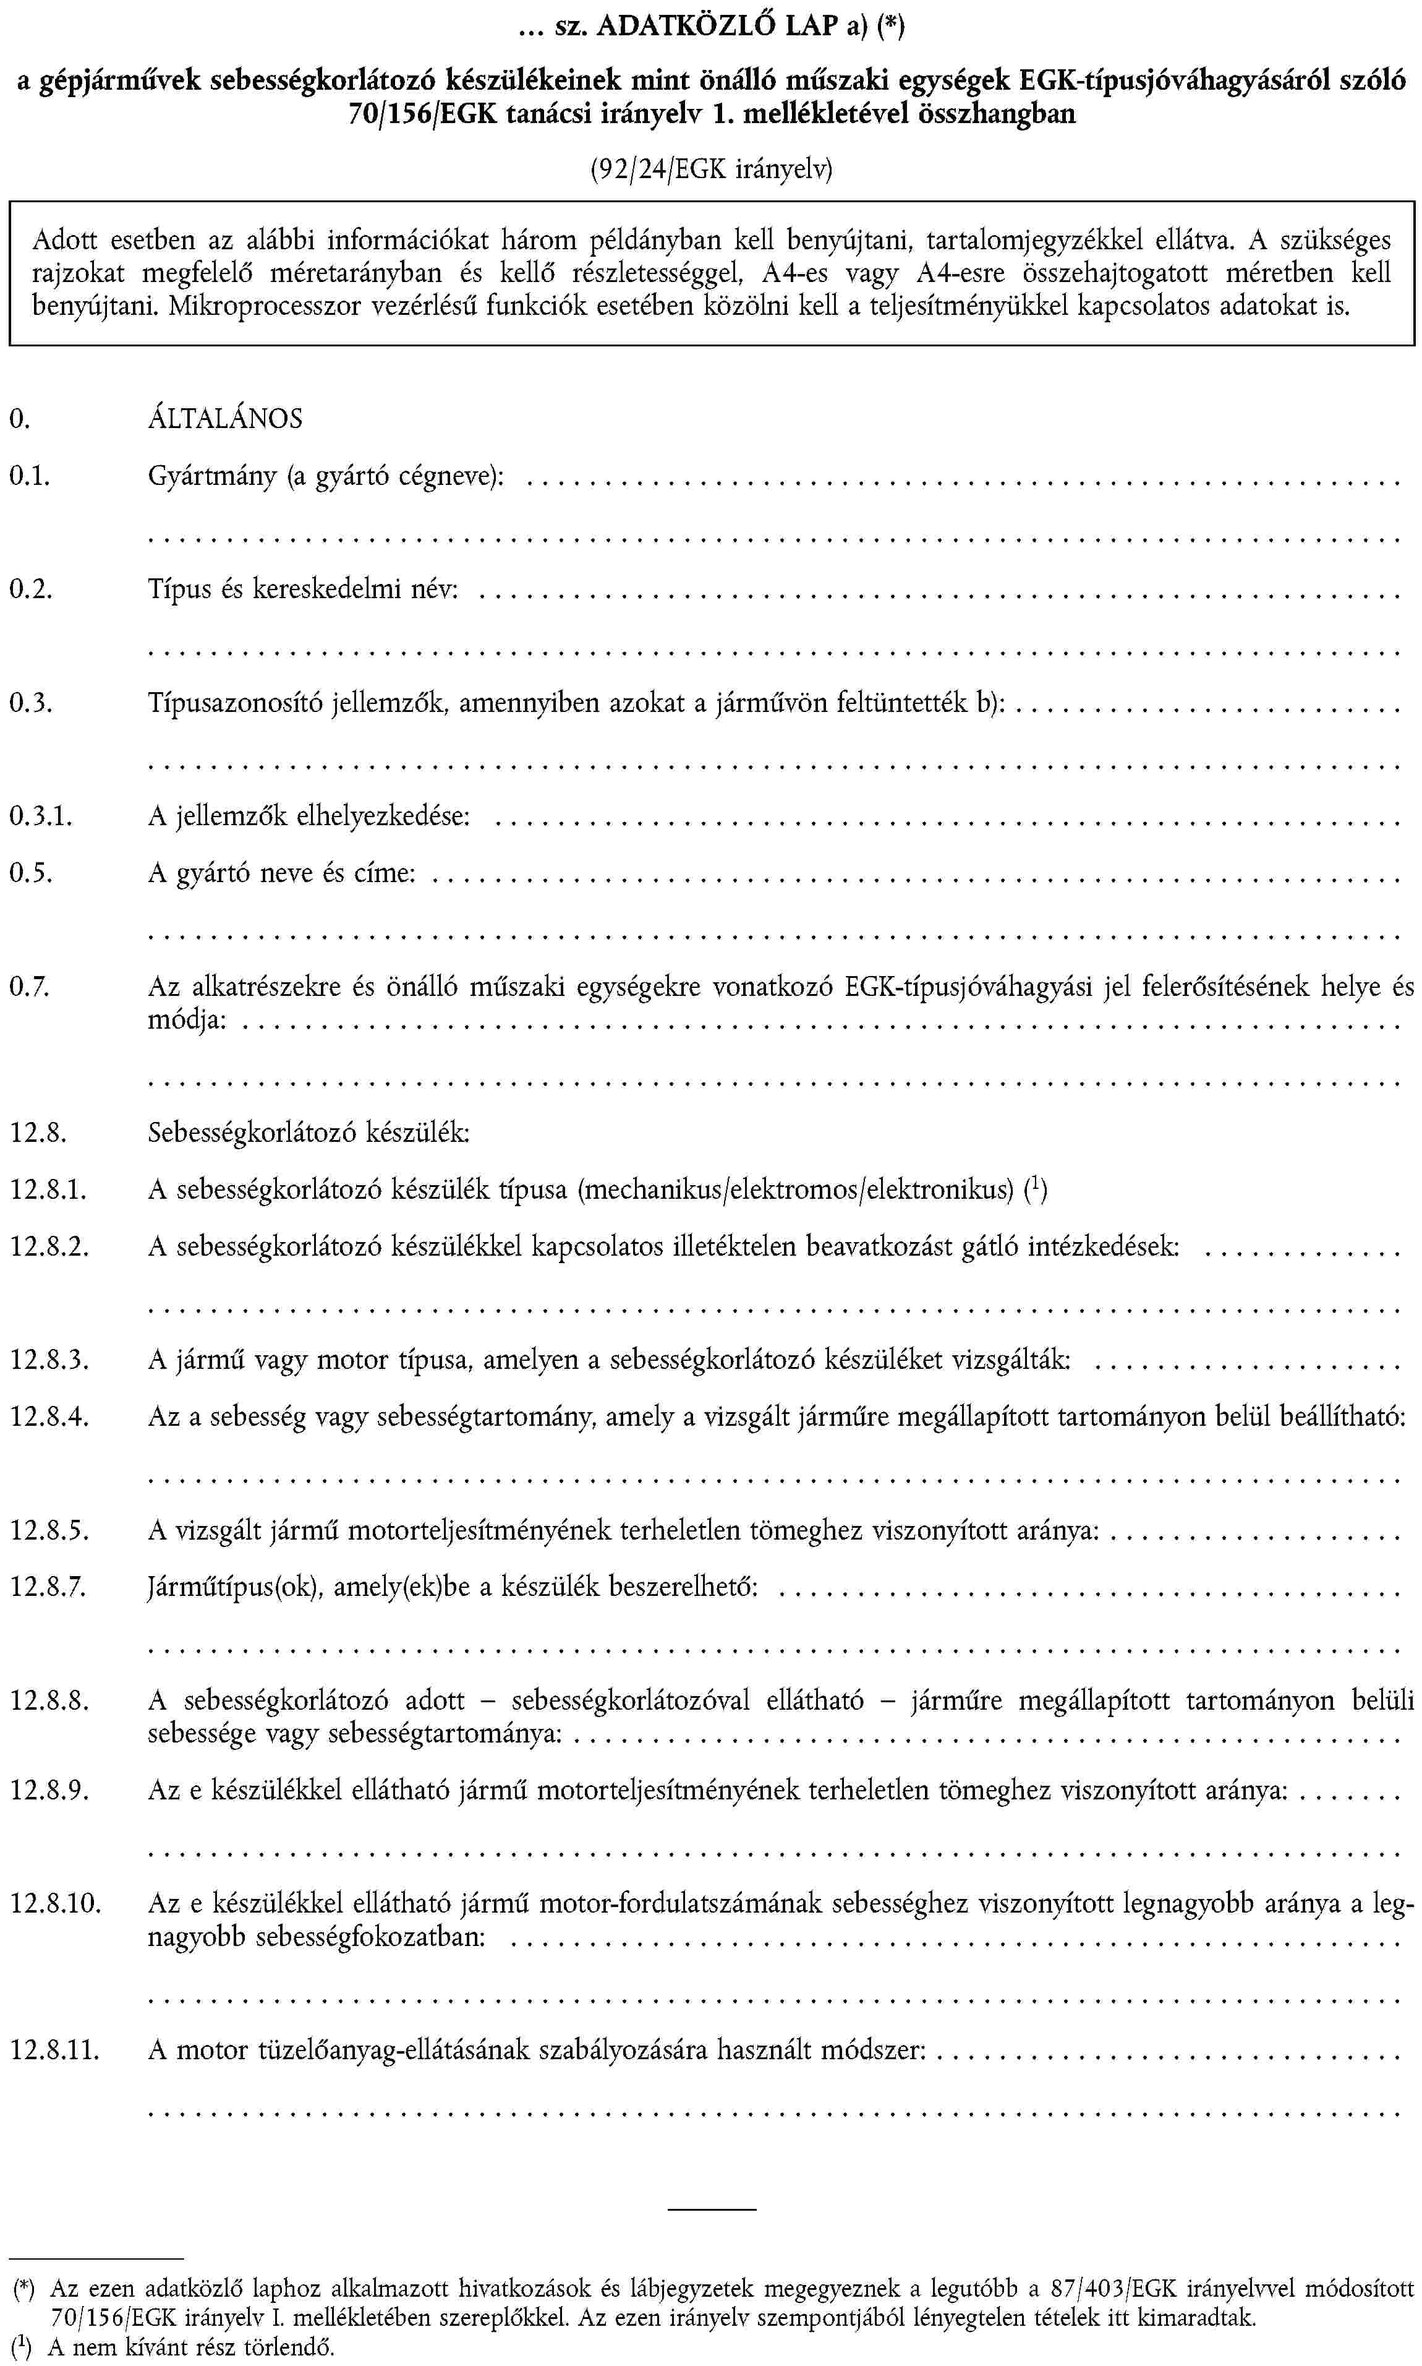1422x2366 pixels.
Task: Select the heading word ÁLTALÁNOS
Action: (x=225, y=419)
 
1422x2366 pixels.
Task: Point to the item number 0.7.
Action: (x=28, y=987)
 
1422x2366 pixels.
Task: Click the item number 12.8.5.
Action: (x=50, y=1530)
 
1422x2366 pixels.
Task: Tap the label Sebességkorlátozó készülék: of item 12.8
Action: (x=309, y=1133)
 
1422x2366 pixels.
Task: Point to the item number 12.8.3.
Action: (x=50, y=1360)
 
